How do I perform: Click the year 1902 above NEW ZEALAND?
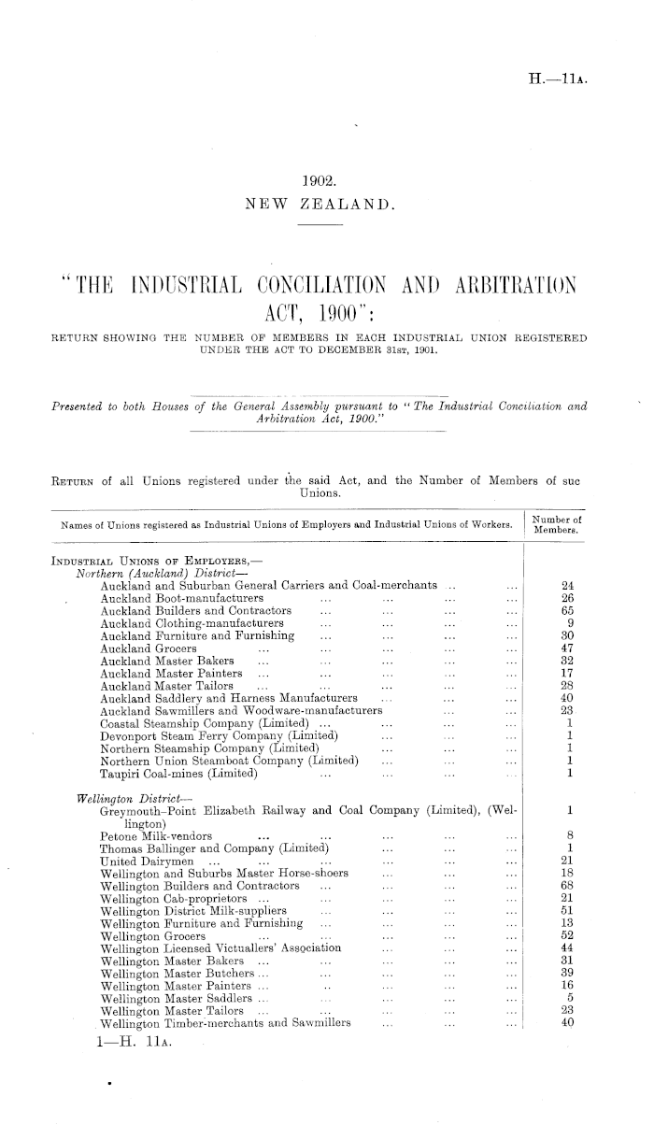point(326,185)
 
